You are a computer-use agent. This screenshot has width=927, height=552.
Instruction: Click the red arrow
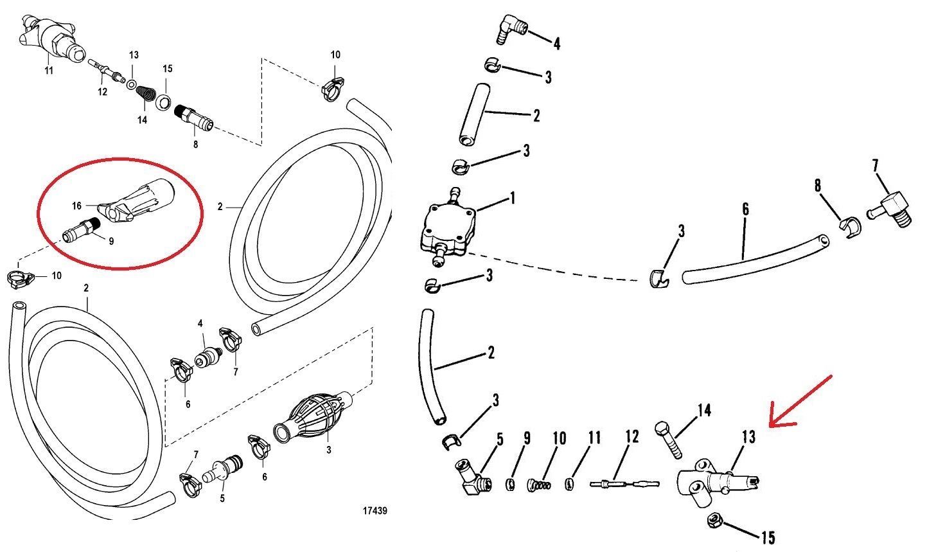point(802,402)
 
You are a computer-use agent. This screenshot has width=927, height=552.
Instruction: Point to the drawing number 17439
point(374,511)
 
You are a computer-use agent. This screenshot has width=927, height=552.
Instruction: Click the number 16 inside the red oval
point(77,206)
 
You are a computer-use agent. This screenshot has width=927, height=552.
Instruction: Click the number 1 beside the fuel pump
point(512,199)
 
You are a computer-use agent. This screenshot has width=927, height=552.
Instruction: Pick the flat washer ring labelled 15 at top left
point(164,102)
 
